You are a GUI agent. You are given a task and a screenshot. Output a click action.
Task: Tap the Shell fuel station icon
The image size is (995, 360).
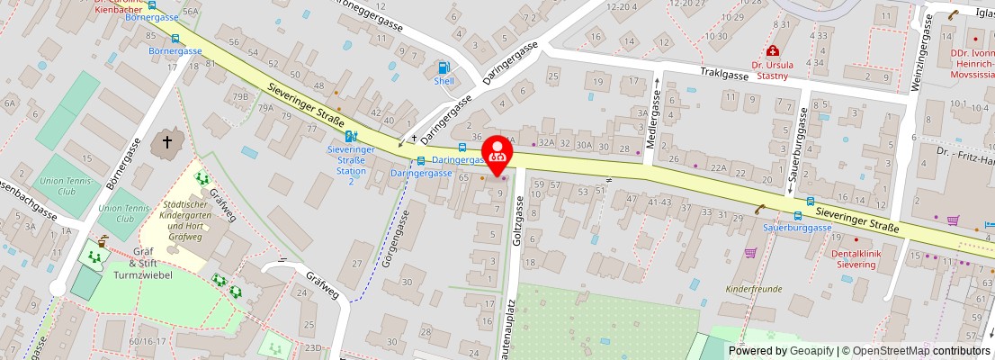point(444,67)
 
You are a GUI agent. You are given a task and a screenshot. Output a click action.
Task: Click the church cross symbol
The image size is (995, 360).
point(166,142)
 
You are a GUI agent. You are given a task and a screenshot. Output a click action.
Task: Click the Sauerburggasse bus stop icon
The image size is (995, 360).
point(798,216)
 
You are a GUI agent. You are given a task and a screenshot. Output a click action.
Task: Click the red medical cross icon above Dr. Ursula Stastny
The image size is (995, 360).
point(771,52)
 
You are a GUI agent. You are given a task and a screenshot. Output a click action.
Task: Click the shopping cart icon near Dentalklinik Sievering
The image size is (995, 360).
point(750,254)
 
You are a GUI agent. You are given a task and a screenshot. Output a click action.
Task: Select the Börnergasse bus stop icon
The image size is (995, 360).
point(175,39)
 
